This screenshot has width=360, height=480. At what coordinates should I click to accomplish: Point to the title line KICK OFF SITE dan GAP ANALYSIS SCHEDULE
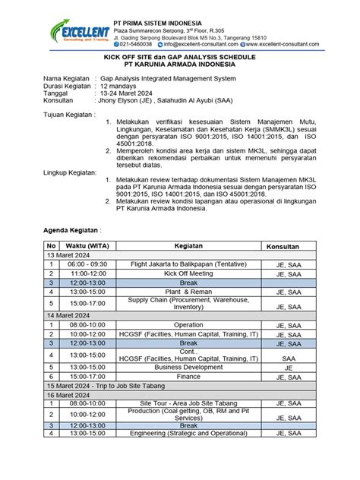[x=180, y=58]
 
